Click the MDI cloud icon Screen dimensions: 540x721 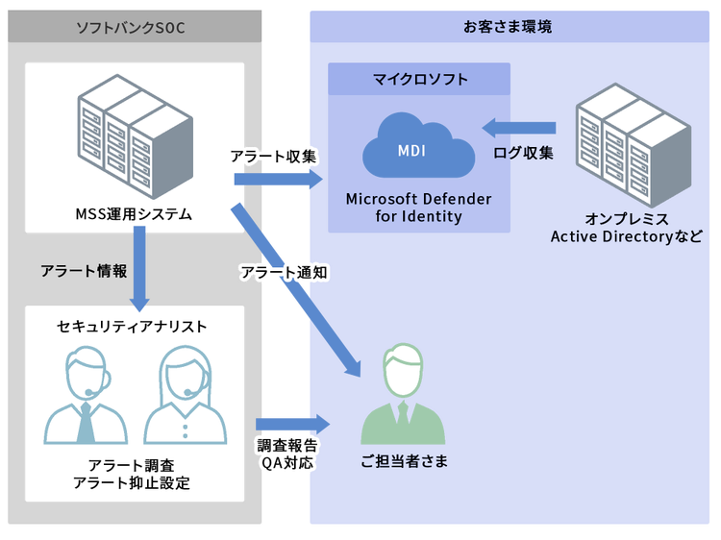418,150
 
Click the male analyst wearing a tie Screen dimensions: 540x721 86,398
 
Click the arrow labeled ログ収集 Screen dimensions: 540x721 519,128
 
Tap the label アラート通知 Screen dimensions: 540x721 284,273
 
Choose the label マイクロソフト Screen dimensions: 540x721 420,80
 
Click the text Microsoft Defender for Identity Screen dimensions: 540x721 418,208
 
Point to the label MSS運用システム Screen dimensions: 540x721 134,213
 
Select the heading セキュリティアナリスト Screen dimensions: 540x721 132,327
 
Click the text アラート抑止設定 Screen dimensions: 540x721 132,482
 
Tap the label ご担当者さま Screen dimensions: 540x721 404,462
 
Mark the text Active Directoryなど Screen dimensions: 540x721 626,236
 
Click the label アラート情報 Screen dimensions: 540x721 84,271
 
